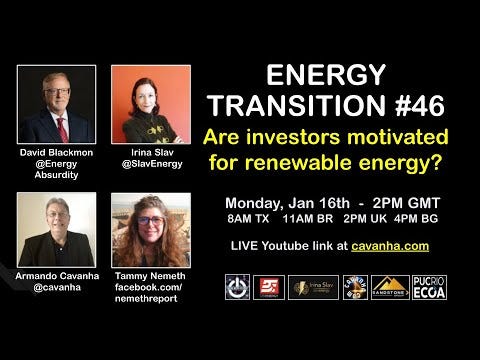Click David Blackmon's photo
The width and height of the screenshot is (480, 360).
click(57, 103)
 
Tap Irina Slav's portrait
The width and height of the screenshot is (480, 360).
click(150, 103)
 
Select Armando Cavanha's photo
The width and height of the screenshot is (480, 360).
click(56, 229)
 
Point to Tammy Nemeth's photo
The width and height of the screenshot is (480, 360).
click(150, 231)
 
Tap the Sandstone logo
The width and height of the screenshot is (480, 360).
click(390, 288)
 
